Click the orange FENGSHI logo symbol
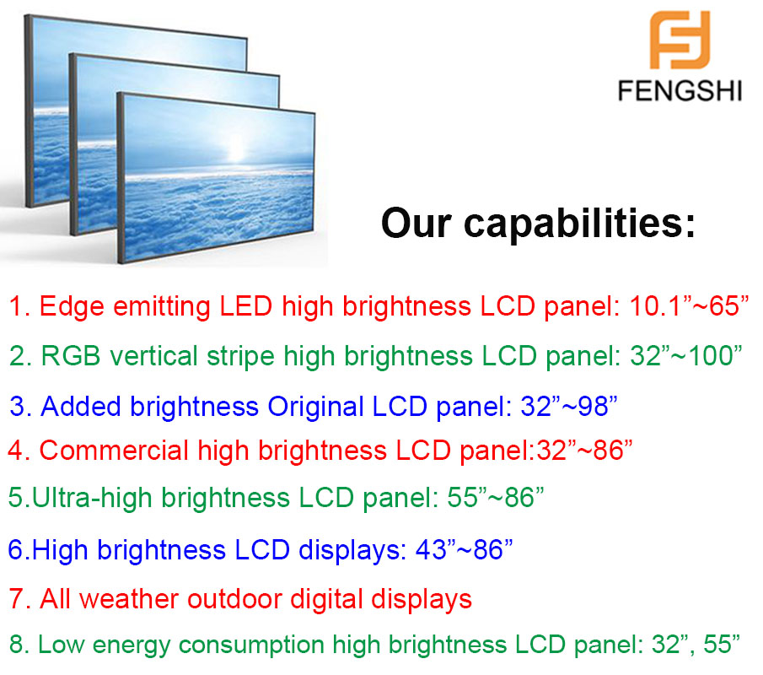(x=680, y=40)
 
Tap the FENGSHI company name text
(x=680, y=91)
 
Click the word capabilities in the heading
(x=579, y=224)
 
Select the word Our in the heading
(x=416, y=224)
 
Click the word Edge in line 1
(x=72, y=307)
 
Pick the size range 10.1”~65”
(x=689, y=305)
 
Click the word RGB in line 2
(x=71, y=355)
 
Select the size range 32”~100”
(x=686, y=355)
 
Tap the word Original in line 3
(x=316, y=407)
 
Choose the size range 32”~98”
(x=569, y=406)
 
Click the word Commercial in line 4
(x=113, y=450)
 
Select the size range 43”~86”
(x=465, y=549)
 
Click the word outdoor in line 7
(x=234, y=598)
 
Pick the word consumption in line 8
(x=251, y=645)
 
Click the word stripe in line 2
(x=240, y=357)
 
